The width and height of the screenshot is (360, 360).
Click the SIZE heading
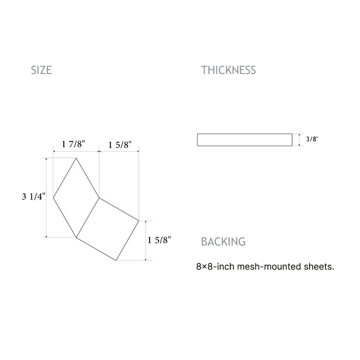(x=41, y=70)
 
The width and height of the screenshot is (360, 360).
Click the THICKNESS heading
(x=228, y=70)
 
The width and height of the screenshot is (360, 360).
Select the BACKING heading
(x=223, y=242)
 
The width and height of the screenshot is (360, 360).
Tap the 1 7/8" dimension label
(x=74, y=144)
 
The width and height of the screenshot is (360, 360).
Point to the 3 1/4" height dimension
(x=34, y=196)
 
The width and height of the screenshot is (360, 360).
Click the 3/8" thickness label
(x=312, y=139)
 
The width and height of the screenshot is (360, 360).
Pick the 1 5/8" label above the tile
(x=120, y=145)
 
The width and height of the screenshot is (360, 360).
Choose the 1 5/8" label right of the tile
(x=159, y=240)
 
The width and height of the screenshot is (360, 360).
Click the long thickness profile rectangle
(x=245, y=140)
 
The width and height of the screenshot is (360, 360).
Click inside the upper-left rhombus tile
(x=76, y=197)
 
